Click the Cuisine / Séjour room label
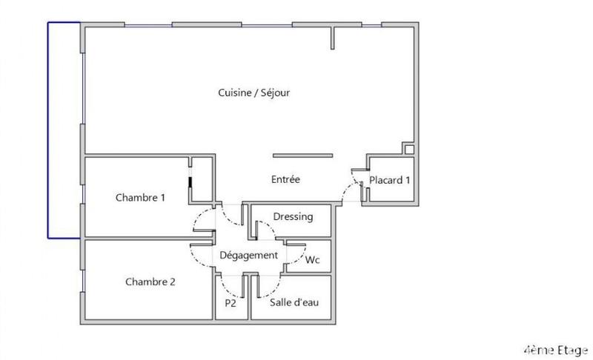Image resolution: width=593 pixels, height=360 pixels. point(254,93)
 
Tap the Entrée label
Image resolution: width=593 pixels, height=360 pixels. point(285,180)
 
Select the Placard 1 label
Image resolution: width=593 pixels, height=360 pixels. point(390,180)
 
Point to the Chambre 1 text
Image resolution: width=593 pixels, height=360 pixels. point(140,198)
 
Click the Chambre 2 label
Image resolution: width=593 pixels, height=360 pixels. point(150,281)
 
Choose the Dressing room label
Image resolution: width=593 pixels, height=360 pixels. point(293,217)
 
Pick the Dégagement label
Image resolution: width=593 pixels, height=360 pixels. point(248,256)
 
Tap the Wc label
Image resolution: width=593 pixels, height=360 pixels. point(312,260)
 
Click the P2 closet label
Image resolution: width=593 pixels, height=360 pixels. point(230,303)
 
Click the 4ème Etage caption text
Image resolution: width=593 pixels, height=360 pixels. point(555,349)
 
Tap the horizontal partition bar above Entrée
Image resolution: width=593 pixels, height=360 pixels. point(302,156)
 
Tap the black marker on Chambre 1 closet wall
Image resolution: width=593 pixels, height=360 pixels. point(191,184)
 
